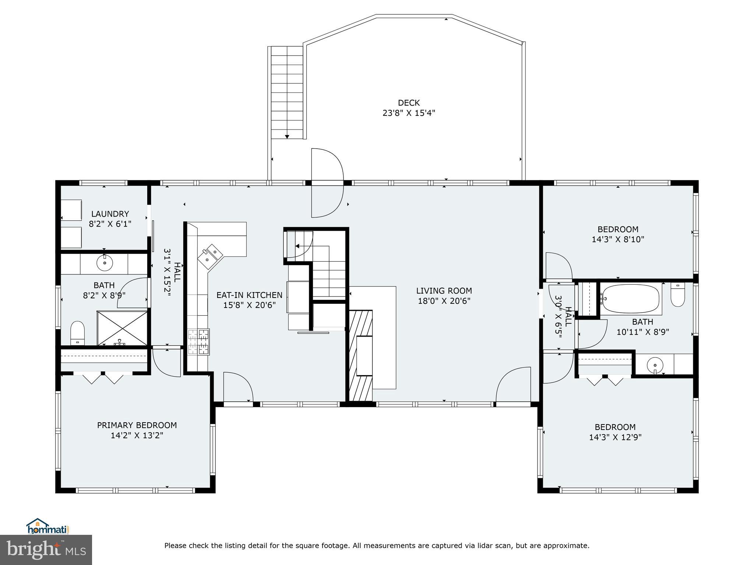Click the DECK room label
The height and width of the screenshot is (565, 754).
click(x=409, y=103)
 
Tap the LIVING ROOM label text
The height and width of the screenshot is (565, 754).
click(x=444, y=291)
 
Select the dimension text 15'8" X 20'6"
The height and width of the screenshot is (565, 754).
click(x=249, y=305)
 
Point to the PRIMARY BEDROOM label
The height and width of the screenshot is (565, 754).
click(x=137, y=425)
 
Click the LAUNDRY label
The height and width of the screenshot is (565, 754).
click(x=110, y=214)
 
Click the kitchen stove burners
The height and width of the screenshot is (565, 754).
click(x=198, y=342)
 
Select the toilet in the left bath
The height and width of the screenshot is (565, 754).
click(x=77, y=333)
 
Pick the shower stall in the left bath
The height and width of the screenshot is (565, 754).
click(x=122, y=328)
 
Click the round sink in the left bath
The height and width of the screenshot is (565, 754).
click(x=105, y=263)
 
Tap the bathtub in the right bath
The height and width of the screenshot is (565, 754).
click(x=631, y=299)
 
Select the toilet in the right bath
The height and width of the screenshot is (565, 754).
click(x=677, y=295)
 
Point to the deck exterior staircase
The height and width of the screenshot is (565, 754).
click(x=287, y=92)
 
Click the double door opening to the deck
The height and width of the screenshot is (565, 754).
click(x=327, y=183)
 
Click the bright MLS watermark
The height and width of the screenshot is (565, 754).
click(x=46, y=550)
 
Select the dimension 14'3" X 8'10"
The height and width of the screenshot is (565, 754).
click(x=618, y=239)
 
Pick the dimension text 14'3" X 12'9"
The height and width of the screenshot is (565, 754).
click(x=615, y=437)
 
